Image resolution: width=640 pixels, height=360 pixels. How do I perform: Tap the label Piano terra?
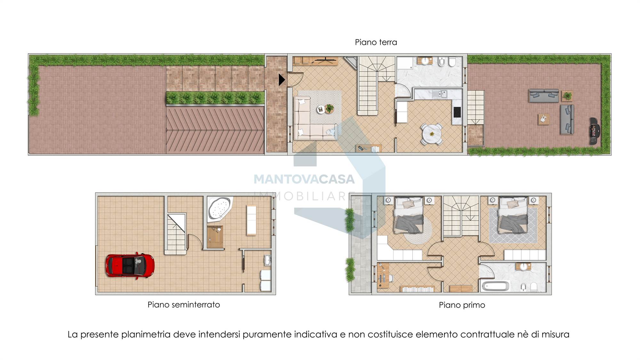click(376, 42)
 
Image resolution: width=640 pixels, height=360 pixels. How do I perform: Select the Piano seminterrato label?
click(184, 305)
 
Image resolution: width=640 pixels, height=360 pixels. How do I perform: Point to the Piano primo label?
click(462, 305)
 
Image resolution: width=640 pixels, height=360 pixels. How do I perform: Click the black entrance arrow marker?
click(282, 80)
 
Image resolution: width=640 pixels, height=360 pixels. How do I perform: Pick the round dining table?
click(432, 134)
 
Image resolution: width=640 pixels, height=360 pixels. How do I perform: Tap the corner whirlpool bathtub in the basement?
click(220, 208)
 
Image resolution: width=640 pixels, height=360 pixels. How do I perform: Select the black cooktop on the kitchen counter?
click(457, 112)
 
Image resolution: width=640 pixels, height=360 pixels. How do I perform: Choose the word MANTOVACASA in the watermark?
click(304, 179)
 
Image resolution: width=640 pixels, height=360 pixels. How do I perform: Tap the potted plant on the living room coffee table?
click(329, 108)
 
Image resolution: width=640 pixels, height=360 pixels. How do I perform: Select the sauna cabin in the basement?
click(215, 237)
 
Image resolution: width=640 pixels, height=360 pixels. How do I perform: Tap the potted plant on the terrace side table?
click(567, 96)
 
